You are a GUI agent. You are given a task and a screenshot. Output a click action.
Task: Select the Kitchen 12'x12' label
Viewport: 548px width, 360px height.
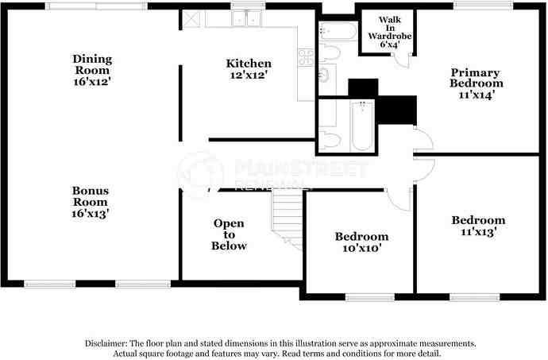249,69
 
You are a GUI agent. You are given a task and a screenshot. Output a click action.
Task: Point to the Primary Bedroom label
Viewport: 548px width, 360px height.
476,83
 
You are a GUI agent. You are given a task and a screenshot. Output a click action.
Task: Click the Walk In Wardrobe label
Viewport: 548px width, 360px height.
389,32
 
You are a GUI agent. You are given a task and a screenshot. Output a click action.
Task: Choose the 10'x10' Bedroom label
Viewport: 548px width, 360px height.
361,242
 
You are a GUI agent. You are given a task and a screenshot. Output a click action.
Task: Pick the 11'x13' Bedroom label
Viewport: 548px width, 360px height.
478,226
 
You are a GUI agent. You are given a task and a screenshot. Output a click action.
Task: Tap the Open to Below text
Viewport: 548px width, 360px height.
228,234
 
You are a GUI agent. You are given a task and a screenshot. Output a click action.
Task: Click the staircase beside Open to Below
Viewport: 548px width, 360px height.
287,219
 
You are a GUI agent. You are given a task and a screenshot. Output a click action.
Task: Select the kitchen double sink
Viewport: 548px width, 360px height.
246,20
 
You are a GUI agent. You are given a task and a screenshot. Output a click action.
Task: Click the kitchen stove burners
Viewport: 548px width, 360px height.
306,56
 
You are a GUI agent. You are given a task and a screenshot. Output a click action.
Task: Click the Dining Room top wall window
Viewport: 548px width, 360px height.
96,6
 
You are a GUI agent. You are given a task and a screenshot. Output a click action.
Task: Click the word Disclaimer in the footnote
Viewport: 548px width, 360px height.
109,343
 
